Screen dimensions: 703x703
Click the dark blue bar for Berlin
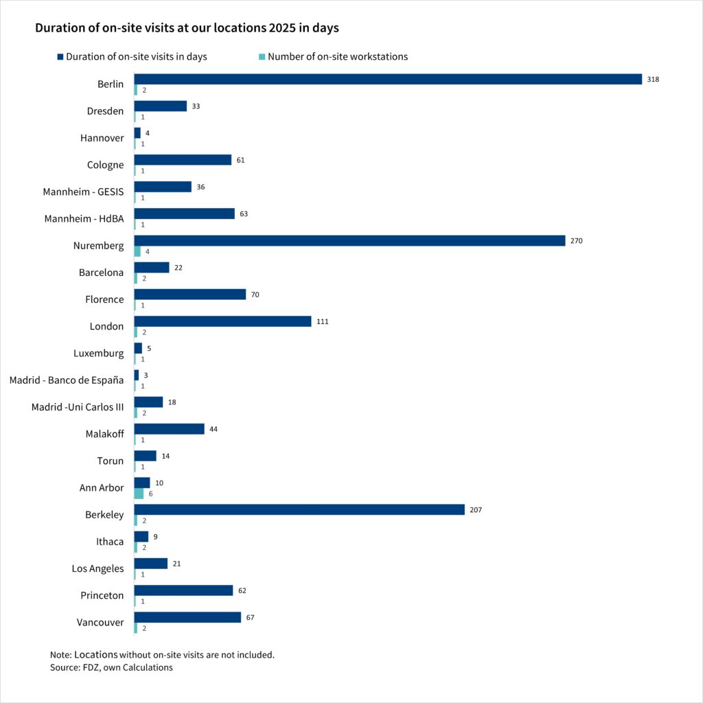[x=388, y=79]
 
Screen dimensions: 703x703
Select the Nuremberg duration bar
[x=349, y=241]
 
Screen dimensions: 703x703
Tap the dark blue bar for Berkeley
[x=299, y=510]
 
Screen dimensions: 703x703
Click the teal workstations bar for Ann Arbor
[x=139, y=494]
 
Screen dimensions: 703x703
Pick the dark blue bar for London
[x=222, y=321]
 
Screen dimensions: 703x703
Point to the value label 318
[x=653, y=80]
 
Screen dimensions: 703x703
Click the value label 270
[x=576, y=241]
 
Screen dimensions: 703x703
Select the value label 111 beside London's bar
[x=323, y=321]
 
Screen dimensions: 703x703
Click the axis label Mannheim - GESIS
[x=83, y=192]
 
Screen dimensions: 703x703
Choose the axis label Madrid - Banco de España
[x=67, y=380]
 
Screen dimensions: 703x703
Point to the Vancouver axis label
[x=100, y=623]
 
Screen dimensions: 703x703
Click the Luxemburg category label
[x=99, y=354]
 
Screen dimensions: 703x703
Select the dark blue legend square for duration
[x=60, y=57]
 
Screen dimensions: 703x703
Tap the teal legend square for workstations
[x=262, y=57]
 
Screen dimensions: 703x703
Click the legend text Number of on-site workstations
[x=338, y=57]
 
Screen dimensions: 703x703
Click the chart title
[x=187, y=29]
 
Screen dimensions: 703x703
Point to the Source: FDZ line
[x=111, y=667]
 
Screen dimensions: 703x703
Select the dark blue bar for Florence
[x=189, y=295]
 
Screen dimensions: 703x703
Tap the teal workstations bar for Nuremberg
[x=137, y=251]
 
